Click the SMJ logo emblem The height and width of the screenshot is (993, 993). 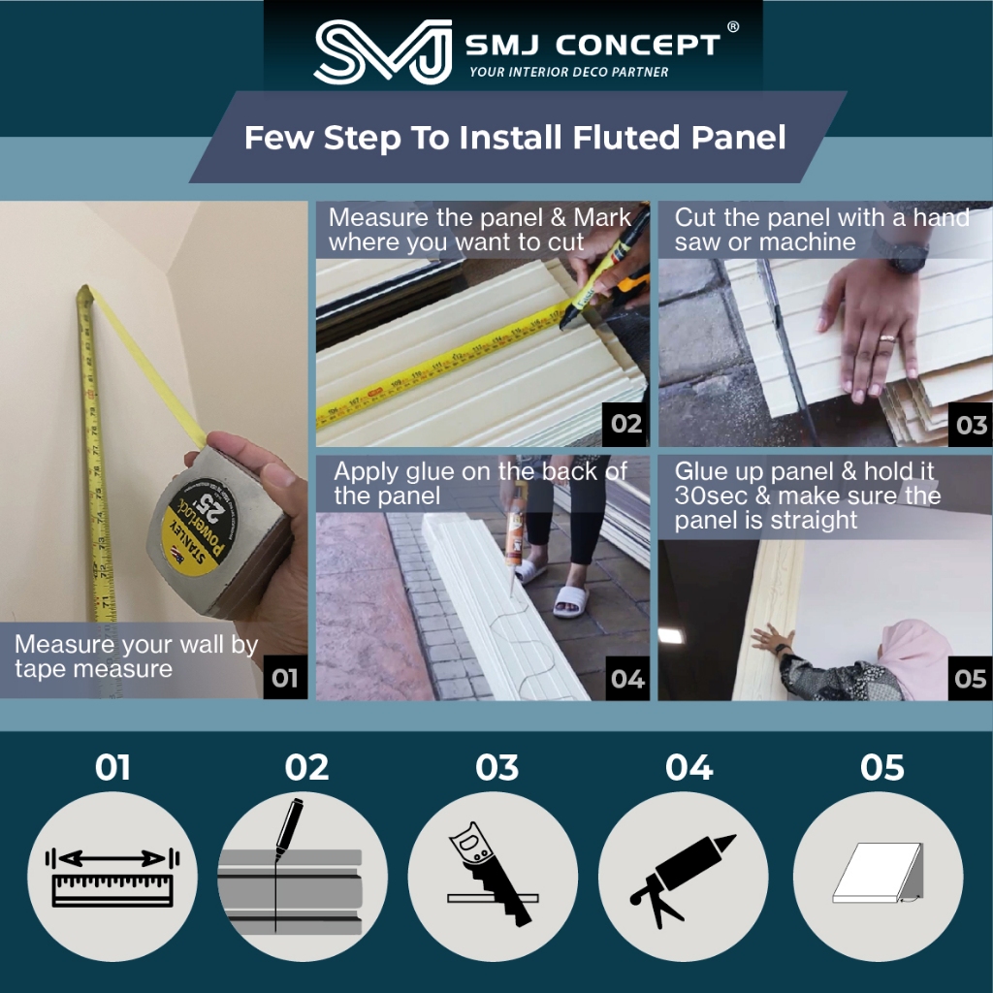coord(383,51)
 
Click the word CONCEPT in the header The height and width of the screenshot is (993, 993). coord(638,45)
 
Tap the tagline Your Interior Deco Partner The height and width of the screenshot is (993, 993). coord(568,72)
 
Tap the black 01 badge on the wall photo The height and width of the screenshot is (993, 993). coord(285,678)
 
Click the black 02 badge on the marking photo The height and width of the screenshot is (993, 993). coord(626,424)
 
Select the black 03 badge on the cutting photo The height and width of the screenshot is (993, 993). coord(971,425)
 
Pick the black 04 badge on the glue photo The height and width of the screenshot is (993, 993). coord(627,679)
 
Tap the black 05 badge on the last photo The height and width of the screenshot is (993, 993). coord(970,679)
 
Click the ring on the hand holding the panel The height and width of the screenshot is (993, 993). coord(886,338)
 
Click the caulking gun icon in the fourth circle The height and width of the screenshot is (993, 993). coord(683,881)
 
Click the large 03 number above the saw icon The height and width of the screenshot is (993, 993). coord(497,768)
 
